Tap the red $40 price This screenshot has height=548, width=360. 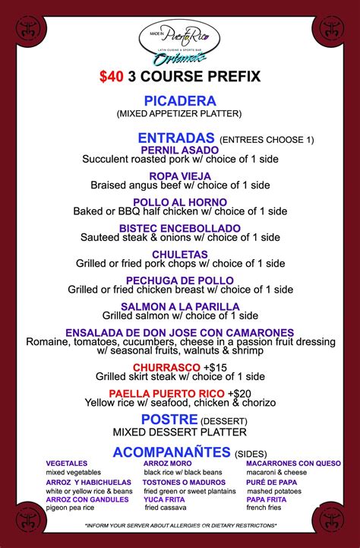tap(110, 77)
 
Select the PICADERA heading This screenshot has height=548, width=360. tap(179, 100)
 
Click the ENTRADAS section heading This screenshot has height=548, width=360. tap(176, 138)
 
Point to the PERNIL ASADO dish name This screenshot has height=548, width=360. tap(179, 150)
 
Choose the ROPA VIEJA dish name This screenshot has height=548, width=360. tap(179, 176)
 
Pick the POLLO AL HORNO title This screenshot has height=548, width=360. tap(179, 202)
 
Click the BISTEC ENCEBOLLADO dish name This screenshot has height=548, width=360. tap(179, 228)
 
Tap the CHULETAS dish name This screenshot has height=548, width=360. tap(179, 254)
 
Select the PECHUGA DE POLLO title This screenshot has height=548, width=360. tap(179, 280)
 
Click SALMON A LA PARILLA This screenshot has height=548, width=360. tap(179, 306)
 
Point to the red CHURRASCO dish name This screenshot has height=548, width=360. tap(161, 367)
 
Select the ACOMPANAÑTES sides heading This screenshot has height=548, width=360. tap(172, 452)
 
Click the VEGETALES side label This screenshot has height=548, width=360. tap(66, 463)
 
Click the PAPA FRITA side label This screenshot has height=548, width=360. tap(267, 499)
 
